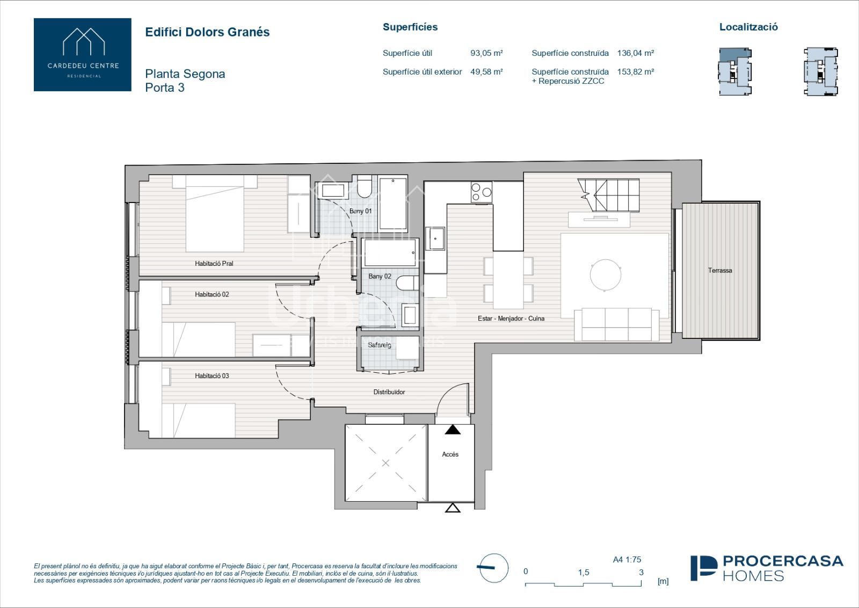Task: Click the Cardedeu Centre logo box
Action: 83,54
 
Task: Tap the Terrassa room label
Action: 720,271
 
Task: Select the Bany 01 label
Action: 360,211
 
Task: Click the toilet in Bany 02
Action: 407,283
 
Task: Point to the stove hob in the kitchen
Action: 482,192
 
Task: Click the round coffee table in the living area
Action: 606,275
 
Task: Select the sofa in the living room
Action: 617,324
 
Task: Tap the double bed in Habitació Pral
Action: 215,214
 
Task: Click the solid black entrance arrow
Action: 453,429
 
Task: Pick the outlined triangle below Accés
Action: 453,508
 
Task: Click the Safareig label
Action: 380,345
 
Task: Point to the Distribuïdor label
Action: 389,392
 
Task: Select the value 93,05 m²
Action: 486,53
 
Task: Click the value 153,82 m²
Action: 636,72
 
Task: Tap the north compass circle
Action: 494,568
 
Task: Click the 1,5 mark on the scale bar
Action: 584,573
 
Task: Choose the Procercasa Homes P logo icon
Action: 704,568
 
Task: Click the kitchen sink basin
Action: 435,238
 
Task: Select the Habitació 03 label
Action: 212,376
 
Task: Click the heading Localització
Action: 748,27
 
